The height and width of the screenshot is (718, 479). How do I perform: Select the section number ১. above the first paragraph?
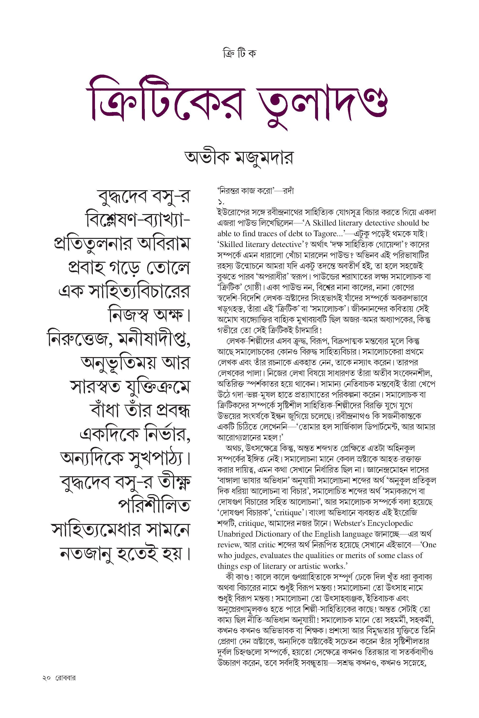point(221,202)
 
